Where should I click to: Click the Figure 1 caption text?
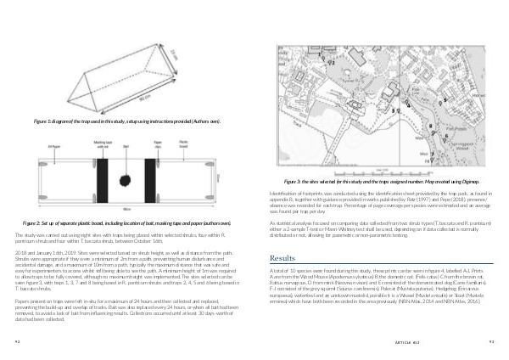127,122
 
